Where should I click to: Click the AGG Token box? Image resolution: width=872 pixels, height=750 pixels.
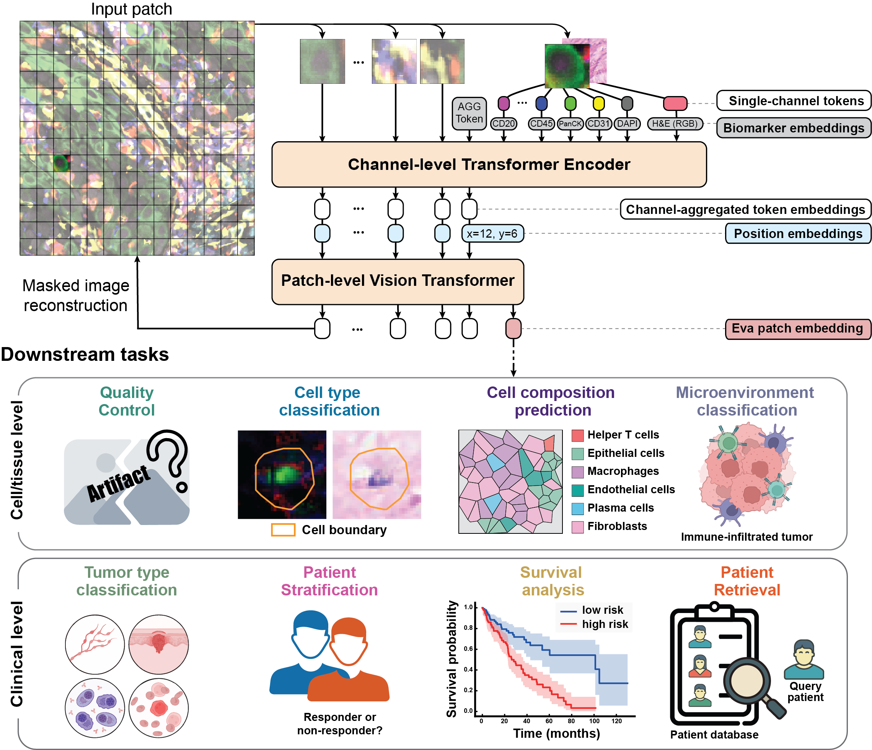[x=469, y=112]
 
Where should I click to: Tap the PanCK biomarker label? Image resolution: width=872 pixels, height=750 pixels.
[x=570, y=124]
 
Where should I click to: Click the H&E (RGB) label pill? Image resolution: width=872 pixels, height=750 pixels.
[x=675, y=124]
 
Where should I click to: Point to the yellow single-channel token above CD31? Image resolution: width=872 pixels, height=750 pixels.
[x=598, y=103]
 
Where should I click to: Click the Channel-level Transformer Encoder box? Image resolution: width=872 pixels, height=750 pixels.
[x=489, y=164]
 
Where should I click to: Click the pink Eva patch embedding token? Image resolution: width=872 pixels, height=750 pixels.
[x=513, y=328]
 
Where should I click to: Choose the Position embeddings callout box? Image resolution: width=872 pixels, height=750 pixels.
[x=797, y=233]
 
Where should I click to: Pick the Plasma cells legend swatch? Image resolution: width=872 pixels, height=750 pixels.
[x=577, y=509]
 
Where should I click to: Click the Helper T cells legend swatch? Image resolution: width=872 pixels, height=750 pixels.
[x=577, y=435]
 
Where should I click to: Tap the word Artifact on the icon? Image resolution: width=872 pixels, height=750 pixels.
[x=118, y=484]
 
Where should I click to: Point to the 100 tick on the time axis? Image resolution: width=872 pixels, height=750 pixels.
[x=594, y=721]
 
